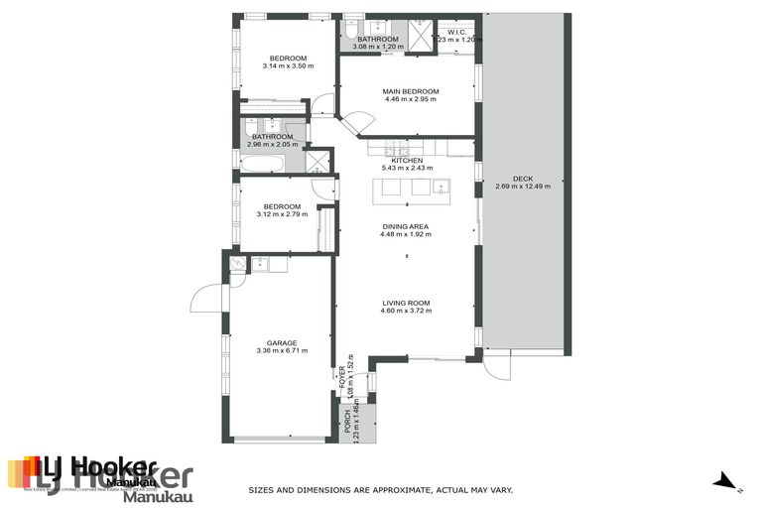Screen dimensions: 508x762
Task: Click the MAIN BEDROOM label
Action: [411, 91]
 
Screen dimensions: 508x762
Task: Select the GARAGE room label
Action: [282, 342]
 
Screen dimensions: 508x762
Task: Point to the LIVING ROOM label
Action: [407, 303]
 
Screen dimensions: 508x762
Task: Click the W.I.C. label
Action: [457, 32]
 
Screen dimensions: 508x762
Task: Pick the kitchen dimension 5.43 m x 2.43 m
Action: [407, 168]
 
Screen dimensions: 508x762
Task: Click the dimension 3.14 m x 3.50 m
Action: [288, 66]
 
